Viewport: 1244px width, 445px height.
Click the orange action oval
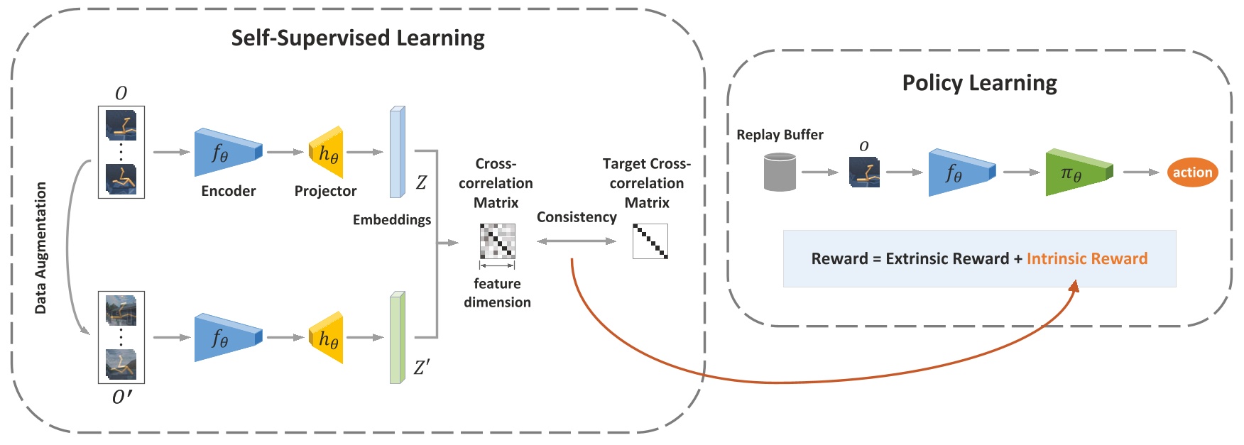point(1192,172)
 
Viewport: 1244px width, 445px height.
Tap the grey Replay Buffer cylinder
point(780,172)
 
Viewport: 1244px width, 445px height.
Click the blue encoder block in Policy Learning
point(960,172)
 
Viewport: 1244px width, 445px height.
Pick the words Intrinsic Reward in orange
point(1086,258)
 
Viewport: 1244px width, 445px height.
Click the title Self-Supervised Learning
point(358,38)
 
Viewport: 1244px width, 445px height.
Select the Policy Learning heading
point(979,83)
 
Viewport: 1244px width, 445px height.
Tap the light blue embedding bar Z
point(397,152)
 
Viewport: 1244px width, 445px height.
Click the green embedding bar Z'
point(397,337)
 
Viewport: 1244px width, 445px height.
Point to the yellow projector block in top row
point(327,152)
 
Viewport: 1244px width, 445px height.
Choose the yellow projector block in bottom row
point(327,338)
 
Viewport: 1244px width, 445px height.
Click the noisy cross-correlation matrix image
point(497,241)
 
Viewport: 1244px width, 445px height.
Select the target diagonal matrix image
point(650,241)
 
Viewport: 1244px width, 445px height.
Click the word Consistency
point(576,217)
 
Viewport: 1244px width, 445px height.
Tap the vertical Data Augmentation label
point(40,248)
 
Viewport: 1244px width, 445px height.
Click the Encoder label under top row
point(228,191)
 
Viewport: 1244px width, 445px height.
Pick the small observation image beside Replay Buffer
point(864,172)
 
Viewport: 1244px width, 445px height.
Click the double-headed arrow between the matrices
point(576,241)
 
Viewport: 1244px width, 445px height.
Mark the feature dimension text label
point(497,292)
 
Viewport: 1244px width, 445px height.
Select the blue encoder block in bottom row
point(227,338)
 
